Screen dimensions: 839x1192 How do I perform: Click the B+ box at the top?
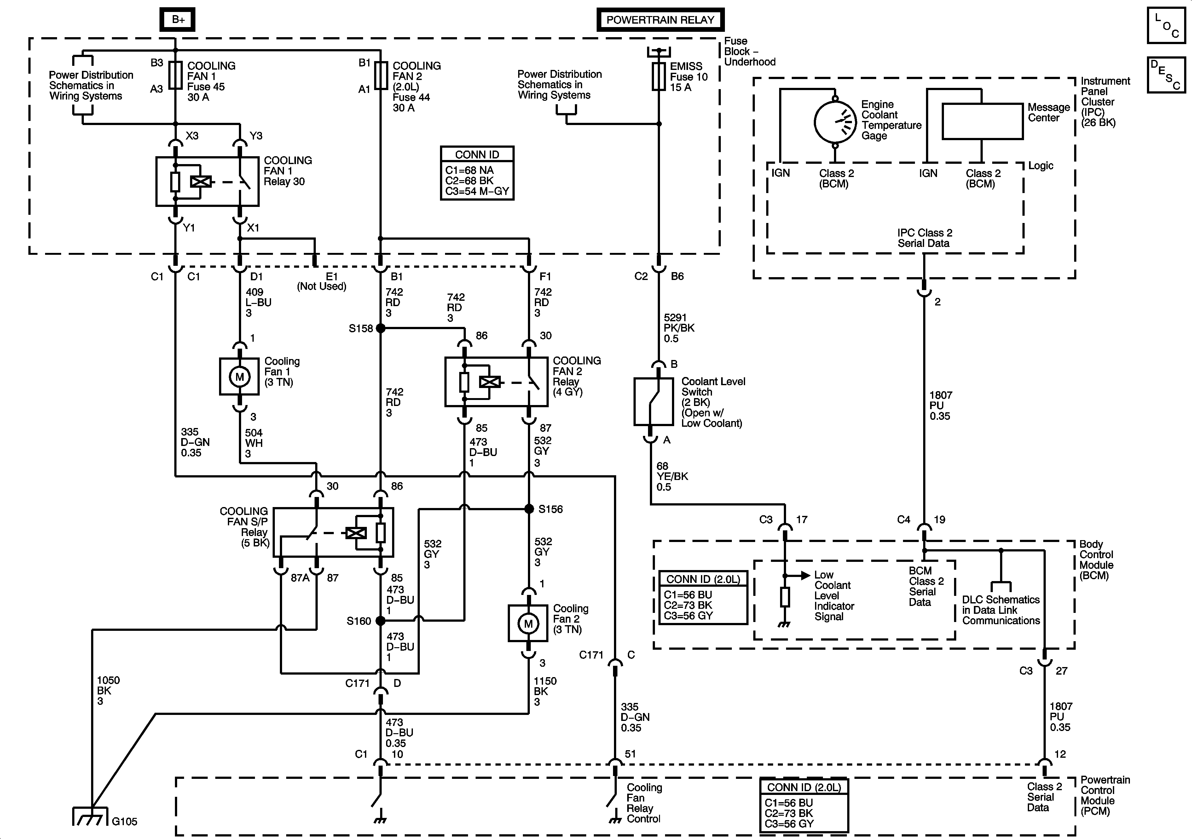pyautogui.click(x=177, y=20)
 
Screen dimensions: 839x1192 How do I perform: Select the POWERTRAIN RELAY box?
pyautogui.click(x=660, y=20)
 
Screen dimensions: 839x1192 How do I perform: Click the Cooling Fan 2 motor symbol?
pyautogui.click(x=528, y=623)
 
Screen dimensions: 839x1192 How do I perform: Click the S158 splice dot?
pyautogui.click(x=380, y=328)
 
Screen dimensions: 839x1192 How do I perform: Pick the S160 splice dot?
pyautogui.click(x=380, y=620)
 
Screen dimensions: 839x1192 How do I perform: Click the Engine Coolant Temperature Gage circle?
pyautogui.click(x=835, y=122)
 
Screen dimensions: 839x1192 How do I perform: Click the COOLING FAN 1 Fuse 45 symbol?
pyautogui.click(x=176, y=76)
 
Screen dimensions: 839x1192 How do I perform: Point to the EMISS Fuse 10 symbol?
pyautogui.click(x=659, y=76)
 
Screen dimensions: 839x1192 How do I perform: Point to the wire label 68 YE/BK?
pyautogui.click(x=672, y=476)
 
